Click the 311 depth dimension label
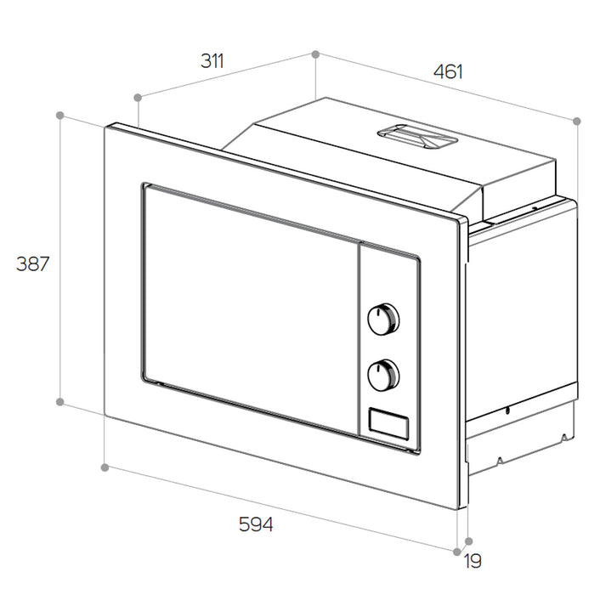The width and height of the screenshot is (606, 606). coord(212,61)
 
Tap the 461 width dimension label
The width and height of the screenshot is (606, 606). coord(448,72)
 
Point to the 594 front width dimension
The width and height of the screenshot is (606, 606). coord(255,525)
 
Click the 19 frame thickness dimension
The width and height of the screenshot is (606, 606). coord(473,561)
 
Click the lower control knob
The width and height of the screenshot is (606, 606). coord(383,373)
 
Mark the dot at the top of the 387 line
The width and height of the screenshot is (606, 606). coord(60,114)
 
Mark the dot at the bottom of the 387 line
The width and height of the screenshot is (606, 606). coord(60,402)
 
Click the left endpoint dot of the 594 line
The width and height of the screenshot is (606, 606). coord(105,467)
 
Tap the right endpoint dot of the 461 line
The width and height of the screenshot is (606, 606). coord(577,122)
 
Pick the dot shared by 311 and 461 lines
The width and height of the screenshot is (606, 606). coord(315,54)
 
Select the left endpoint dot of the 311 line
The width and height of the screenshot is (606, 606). coord(138,97)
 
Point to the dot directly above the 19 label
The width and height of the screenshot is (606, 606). coord(469,541)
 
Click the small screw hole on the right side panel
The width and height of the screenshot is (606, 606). coord(507,411)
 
